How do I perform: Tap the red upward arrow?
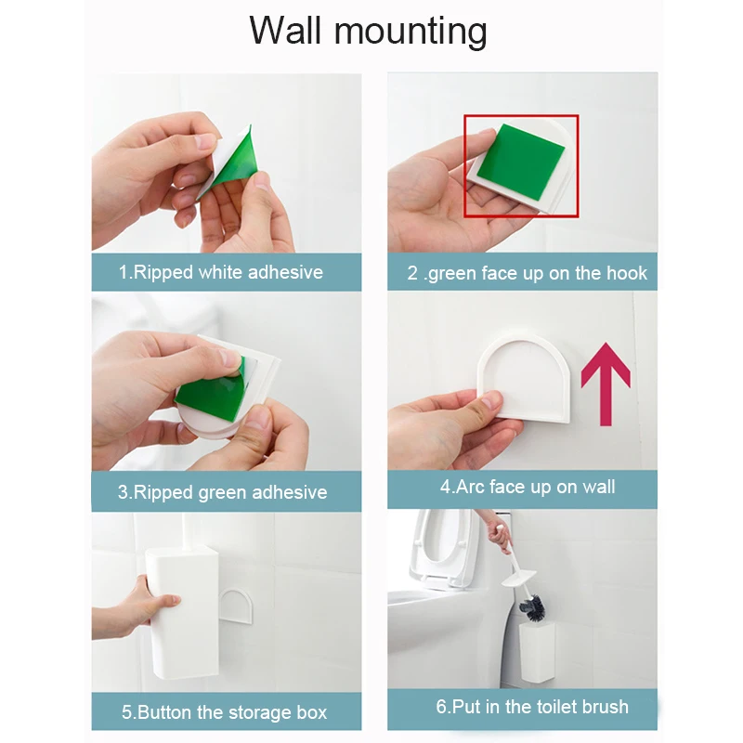[606, 382]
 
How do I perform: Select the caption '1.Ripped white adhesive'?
[221, 272]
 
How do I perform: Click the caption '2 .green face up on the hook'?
[527, 274]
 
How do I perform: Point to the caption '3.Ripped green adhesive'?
[222, 492]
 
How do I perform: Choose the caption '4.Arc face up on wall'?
[528, 487]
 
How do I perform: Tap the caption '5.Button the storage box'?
[224, 713]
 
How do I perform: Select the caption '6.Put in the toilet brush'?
[532, 707]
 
